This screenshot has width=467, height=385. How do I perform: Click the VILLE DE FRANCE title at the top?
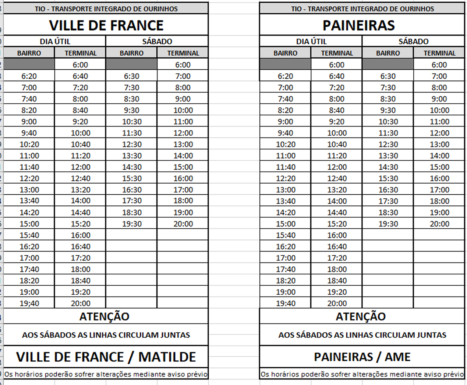pos(106,25)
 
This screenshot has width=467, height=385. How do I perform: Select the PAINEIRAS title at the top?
pos(358,25)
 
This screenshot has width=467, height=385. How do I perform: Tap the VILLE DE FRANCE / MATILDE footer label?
pos(106,357)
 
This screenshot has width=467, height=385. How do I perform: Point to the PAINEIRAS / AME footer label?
pos(362,357)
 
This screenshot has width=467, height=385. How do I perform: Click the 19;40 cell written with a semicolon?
pos(29,304)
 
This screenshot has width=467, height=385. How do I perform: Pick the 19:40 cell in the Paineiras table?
pos(286,304)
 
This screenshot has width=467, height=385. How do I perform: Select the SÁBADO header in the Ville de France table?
pos(157,41)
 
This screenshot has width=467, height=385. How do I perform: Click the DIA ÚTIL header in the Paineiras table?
pos(311,41)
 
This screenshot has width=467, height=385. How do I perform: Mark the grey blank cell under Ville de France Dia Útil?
pos(29,64)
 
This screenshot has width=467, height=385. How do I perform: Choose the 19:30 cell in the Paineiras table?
pos(388,224)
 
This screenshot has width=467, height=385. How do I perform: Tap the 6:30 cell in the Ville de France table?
pos(132,76)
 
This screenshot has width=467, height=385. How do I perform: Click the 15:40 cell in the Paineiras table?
pos(286,235)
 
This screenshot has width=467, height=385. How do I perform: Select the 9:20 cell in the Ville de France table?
pos(80,122)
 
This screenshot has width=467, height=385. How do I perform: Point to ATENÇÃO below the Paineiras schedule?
pos(361,316)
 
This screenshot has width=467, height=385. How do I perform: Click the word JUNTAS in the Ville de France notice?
pos(175,335)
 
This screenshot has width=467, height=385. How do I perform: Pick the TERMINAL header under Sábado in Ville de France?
pos(183,53)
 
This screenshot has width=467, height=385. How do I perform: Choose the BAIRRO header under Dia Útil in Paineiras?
pos(285,53)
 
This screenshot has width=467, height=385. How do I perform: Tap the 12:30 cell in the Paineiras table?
pos(388,144)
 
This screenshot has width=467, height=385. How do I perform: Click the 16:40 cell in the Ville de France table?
pos(80,247)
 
